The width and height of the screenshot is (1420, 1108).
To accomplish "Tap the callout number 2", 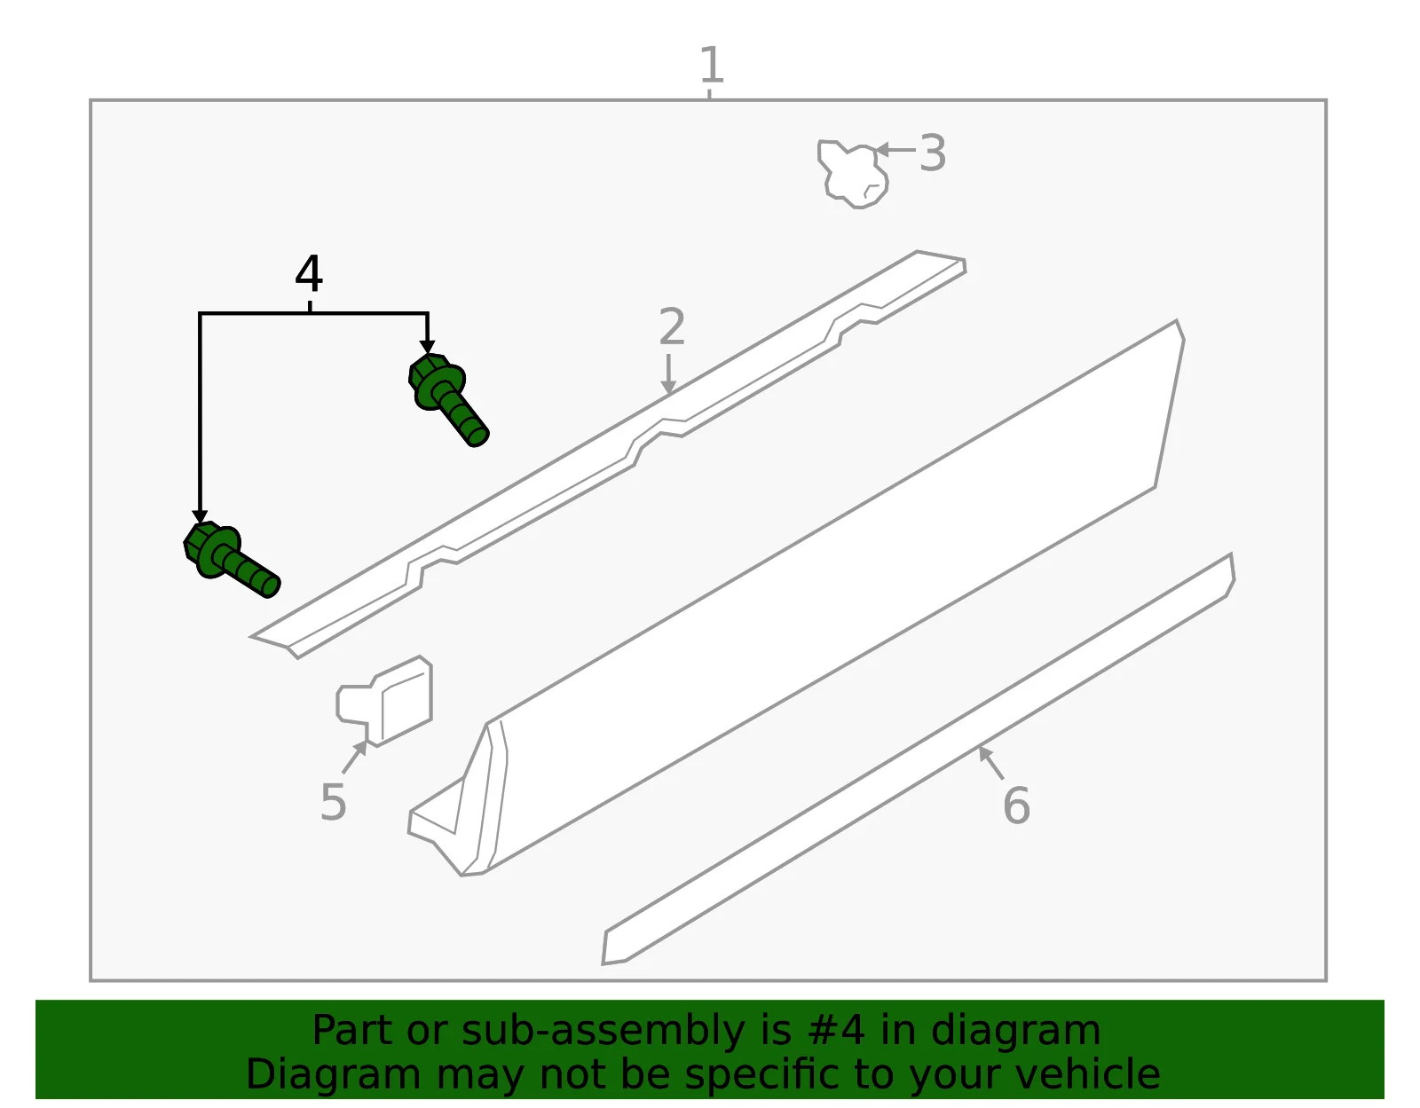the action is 672,326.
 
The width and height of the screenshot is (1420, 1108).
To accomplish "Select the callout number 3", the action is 933,153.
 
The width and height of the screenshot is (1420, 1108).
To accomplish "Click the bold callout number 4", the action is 309,273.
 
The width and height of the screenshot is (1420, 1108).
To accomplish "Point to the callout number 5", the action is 334,802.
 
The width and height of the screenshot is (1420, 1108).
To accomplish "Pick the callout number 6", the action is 1016,805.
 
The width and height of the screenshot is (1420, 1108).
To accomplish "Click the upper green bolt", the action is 447,398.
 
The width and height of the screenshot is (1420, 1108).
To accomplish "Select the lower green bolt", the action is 231,559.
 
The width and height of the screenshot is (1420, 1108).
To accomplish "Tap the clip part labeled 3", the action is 852,173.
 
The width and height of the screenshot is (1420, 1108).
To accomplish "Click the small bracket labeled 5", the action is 385,702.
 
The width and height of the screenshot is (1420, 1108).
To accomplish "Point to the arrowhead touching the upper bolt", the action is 428,347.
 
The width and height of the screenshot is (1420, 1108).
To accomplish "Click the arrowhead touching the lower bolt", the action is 200,517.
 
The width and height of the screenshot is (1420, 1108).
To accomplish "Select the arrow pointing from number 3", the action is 895,150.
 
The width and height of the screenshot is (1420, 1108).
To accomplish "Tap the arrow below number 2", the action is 668,374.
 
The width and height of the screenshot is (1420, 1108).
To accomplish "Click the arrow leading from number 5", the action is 355,756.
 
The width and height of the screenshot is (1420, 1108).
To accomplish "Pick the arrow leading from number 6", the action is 990,762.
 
